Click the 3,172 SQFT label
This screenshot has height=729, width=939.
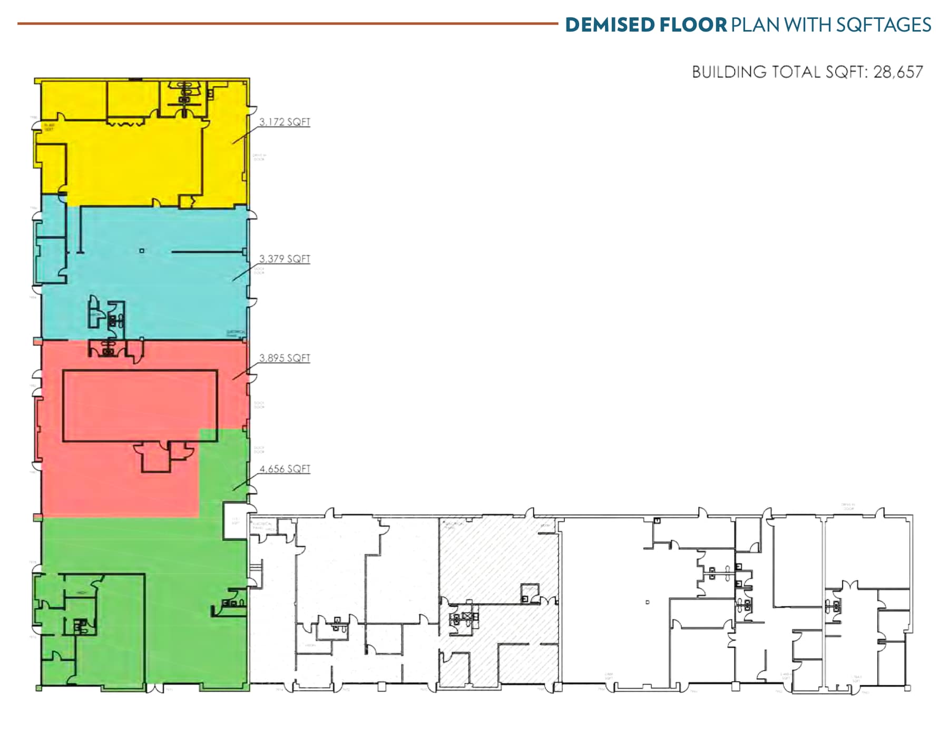click(x=285, y=122)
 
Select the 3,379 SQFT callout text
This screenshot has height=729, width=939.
click(x=285, y=259)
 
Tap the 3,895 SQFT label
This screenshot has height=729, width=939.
click(x=285, y=358)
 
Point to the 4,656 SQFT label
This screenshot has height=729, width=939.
click(x=285, y=469)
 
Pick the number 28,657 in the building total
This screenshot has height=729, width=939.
click(x=898, y=72)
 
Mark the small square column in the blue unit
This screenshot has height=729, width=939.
click(x=142, y=251)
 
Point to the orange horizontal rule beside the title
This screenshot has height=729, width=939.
click(x=287, y=24)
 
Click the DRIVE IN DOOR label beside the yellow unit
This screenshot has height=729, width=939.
click(x=259, y=157)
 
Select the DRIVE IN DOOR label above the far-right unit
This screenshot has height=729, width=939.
click(x=848, y=506)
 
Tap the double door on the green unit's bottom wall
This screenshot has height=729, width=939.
click(x=156, y=688)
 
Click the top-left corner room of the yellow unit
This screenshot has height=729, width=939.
click(x=74, y=100)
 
